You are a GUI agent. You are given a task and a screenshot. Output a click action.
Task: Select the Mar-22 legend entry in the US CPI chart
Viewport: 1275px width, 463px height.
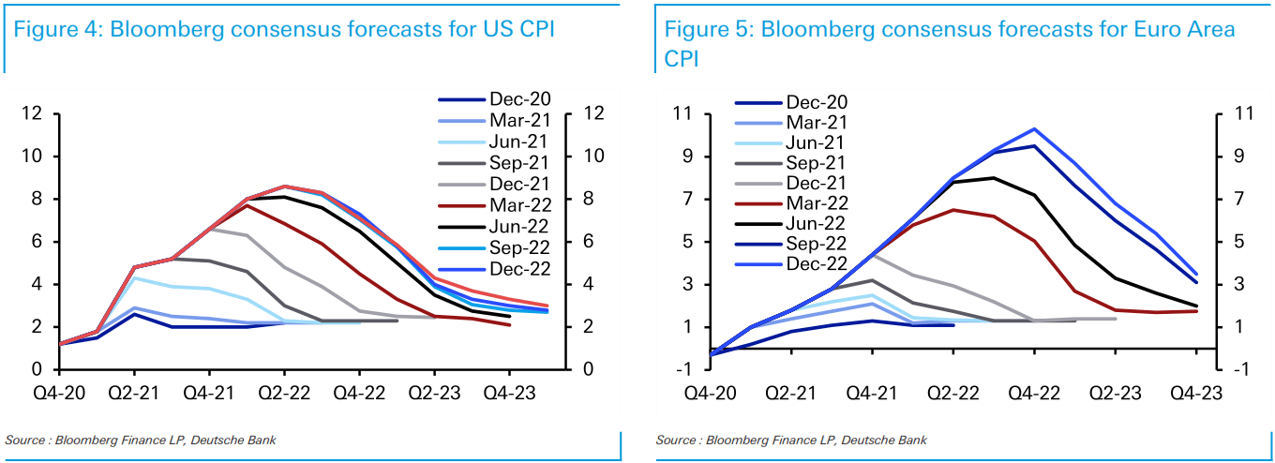coord(520,205)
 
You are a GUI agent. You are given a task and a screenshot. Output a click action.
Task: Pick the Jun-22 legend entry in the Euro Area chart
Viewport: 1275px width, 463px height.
coord(816,223)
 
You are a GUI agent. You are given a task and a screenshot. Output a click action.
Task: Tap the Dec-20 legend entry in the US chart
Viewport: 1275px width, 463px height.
coord(520,98)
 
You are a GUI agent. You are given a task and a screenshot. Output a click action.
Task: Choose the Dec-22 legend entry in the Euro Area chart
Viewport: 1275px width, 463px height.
coord(816,263)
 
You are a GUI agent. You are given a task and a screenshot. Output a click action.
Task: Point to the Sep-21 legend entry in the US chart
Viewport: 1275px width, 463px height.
coord(520,162)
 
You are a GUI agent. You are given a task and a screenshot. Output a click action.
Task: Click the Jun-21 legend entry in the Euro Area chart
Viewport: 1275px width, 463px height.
coord(816,142)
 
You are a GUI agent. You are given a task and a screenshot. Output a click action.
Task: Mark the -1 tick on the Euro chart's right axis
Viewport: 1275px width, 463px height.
coord(1239,368)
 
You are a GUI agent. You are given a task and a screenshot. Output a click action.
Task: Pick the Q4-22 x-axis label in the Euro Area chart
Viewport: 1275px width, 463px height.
coord(1034,394)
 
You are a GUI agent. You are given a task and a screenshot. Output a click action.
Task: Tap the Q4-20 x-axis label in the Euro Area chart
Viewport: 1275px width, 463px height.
coord(712,394)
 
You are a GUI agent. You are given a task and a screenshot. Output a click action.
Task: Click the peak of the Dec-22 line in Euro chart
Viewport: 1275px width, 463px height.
coord(1034,129)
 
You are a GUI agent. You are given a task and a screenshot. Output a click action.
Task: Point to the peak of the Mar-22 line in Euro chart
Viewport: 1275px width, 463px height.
coord(953,210)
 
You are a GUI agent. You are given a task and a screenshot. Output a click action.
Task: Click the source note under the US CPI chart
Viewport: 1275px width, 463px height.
coord(141,440)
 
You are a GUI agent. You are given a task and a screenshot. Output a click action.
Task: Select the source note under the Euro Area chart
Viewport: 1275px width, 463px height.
coord(791,440)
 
